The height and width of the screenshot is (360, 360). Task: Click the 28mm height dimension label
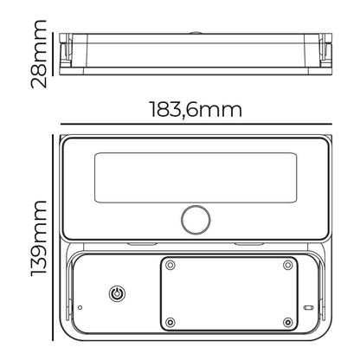(38, 54)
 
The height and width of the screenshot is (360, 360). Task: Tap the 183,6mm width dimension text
(196, 110)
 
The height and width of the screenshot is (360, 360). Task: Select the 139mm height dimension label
(39, 238)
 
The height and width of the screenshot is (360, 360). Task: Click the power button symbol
(117, 294)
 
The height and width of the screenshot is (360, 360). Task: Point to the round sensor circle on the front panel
(196, 220)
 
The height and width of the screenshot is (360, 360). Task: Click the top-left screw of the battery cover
(170, 265)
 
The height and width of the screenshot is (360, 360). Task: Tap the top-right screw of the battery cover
(288, 265)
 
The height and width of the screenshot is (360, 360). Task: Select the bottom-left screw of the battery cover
(170, 322)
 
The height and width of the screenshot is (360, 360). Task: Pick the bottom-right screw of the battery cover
(288, 322)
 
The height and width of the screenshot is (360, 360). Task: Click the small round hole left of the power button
(80, 307)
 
